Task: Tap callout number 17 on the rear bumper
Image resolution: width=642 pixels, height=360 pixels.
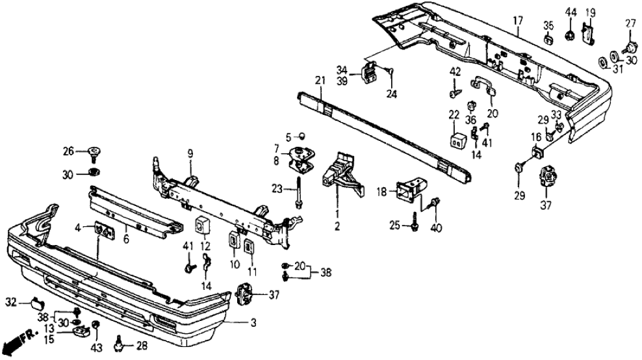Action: (517, 20)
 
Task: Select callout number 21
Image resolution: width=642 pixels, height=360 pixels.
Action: (319, 80)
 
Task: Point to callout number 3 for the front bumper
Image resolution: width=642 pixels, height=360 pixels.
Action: (253, 321)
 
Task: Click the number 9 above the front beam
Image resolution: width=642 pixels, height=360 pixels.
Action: (190, 153)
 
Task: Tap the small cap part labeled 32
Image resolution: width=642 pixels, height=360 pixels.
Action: (36, 302)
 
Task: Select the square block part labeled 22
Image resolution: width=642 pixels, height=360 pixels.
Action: (457, 140)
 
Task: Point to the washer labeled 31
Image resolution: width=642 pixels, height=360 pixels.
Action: (603, 62)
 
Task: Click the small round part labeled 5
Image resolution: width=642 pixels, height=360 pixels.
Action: (302, 136)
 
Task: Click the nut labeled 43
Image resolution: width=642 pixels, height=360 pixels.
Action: (95, 325)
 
